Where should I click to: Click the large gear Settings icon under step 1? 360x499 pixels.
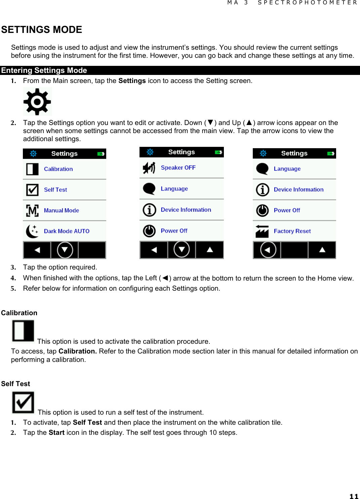tap(37, 101)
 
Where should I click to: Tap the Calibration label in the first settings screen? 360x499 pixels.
tap(58, 169)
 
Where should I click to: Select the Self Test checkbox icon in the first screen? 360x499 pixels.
tap(32, 190)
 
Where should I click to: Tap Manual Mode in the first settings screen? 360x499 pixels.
tap(61, 210)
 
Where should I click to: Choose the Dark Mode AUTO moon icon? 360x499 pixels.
tap(32, 231)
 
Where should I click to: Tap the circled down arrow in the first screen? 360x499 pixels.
tap(65, 250)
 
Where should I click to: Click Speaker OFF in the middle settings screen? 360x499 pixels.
tap(178, 168)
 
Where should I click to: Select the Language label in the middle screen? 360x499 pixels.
tap(174, 189)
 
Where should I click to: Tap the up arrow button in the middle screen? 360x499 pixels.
tap(210, 250)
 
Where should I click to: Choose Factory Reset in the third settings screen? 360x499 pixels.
tap(292, 231)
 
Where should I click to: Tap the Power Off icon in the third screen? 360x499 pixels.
tap(263, 210)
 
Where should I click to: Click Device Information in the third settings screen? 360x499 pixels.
tap(298, 190)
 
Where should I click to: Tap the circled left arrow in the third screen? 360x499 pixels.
tap(268, 250)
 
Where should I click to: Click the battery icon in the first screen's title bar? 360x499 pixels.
tap(101, 154)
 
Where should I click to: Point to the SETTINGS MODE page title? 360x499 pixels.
tap(42, 30)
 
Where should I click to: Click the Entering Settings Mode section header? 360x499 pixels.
tap(44, 71)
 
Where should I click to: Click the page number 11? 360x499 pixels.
tap(354, 496)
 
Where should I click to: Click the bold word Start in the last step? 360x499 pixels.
tap(56, 432)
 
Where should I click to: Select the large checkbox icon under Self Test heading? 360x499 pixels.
tap(23, 403)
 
